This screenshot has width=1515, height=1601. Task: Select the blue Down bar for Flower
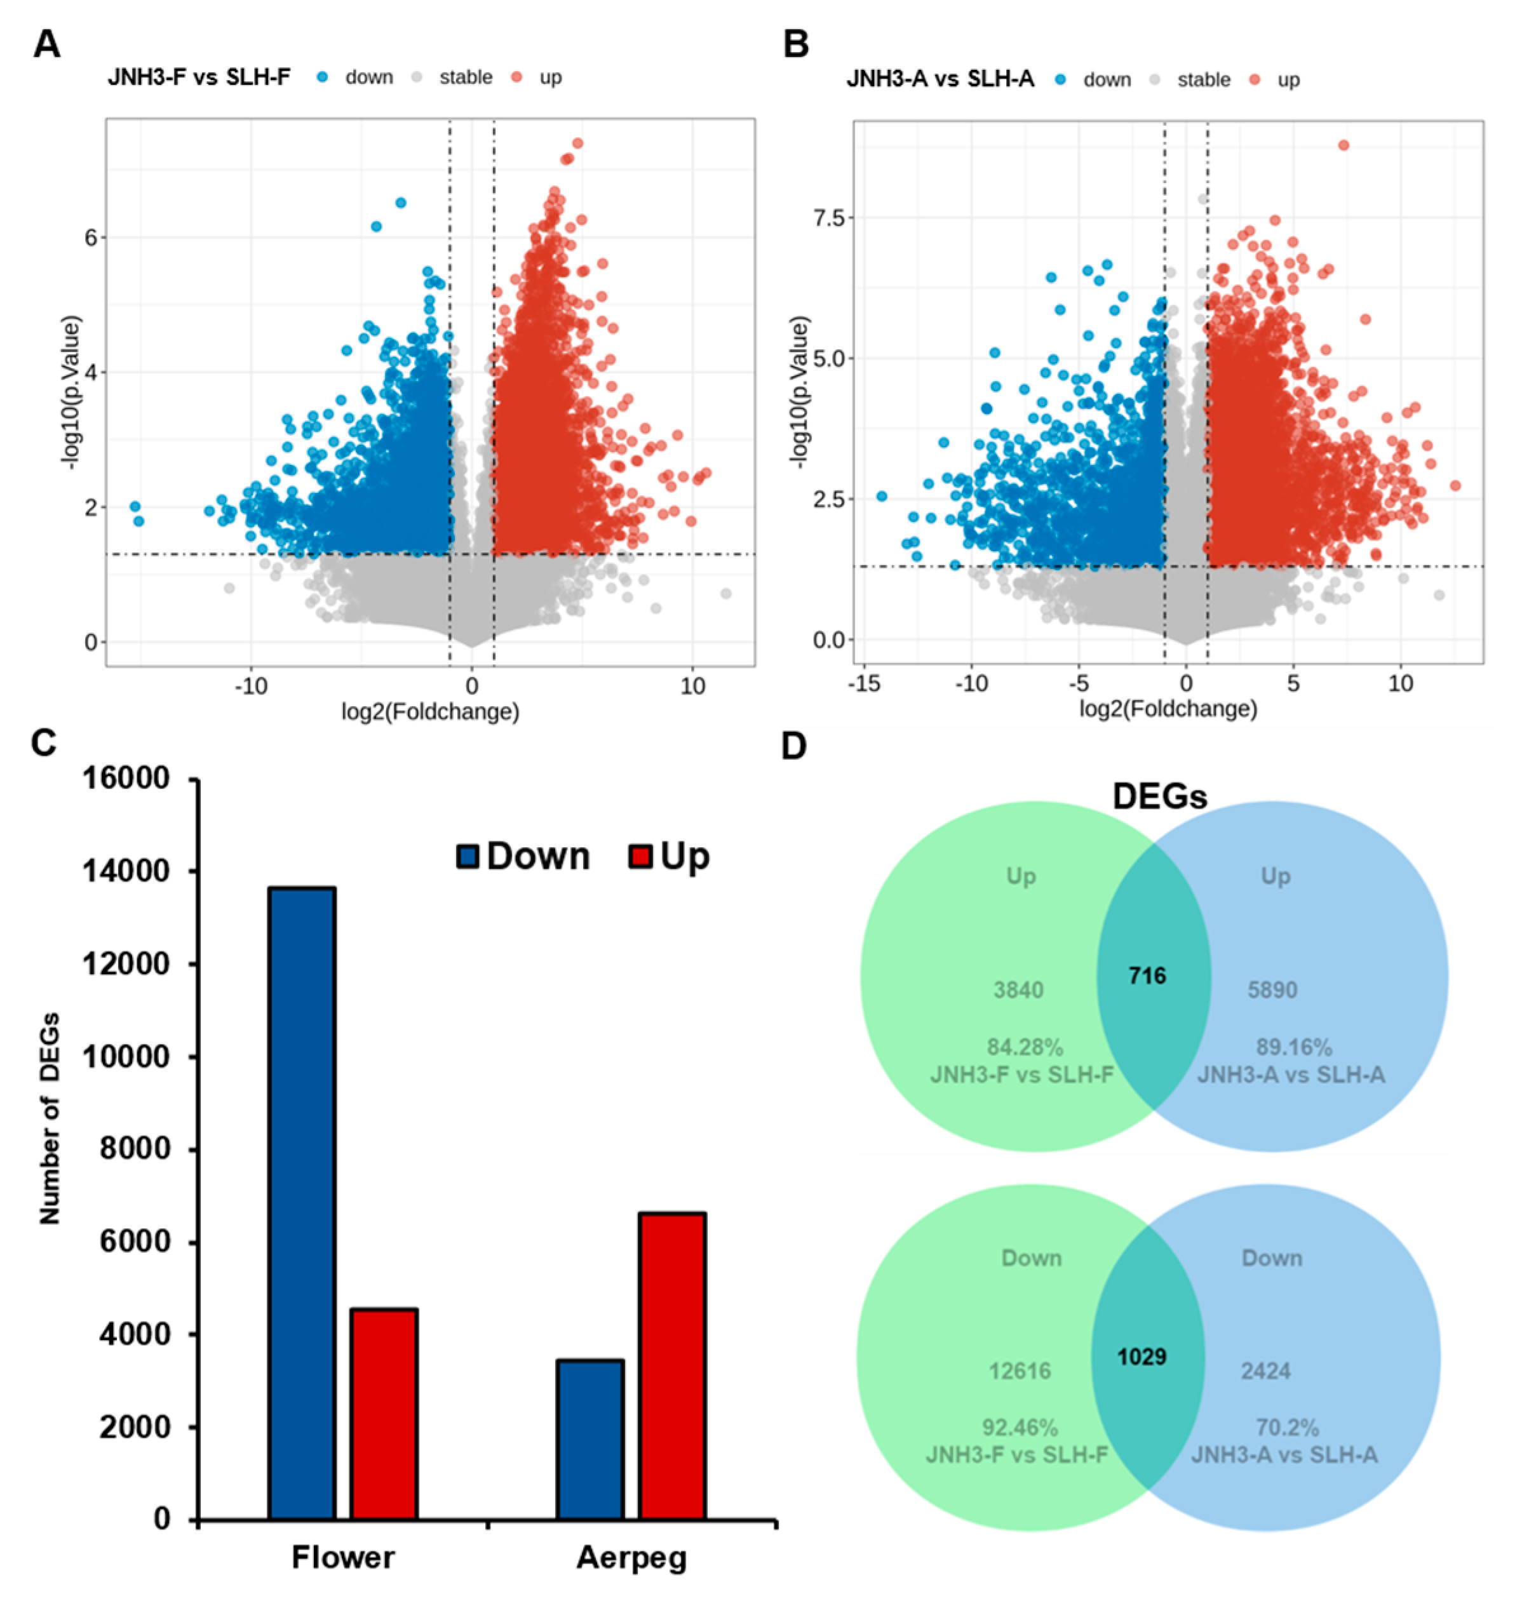coord(302,1203)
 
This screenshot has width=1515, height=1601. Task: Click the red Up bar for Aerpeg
coord(672,1365)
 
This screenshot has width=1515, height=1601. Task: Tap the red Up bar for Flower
coord(384,1413)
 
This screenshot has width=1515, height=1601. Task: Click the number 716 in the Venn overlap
coord(1147,976)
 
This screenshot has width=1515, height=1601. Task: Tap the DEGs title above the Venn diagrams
coord(1160,796)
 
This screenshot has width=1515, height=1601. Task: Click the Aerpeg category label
coord(631,1557)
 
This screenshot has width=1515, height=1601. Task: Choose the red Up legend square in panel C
coord(640,857)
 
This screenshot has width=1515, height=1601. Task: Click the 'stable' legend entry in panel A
coord(465,77)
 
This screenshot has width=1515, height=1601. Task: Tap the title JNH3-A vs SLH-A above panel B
coord(940,79)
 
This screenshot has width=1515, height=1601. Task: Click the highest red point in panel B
coord(1343,145)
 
